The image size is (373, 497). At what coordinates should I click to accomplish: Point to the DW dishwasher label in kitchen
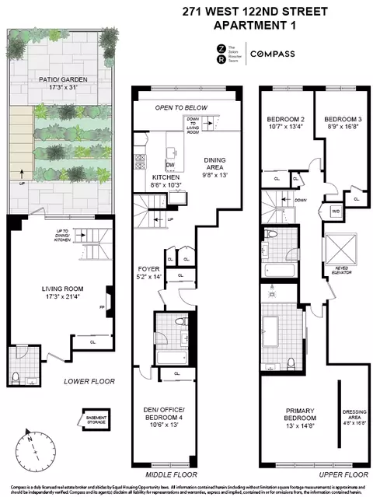[169, 166]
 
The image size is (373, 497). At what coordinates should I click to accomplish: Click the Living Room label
[56, 292]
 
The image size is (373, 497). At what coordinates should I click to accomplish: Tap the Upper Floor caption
[342, 474]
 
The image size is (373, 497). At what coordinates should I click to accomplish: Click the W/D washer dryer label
[335, 212]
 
